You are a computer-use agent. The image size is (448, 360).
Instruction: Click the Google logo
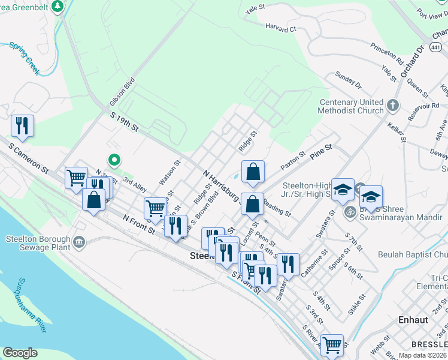pyautogui.click(x=20, y=353)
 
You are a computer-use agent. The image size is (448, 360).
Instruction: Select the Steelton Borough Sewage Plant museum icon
pyautogui.click(x=79, y=242)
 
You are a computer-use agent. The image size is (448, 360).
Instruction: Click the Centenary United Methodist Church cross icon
pyautogui.click(x=393, y=106)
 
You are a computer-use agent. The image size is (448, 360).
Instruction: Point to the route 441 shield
pyautogui.click(x=437, y=47)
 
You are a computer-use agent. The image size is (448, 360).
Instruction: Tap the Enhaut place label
pyautogui.click(x=413, y=320)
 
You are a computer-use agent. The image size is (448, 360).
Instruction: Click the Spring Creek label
pyautogui.click(x=25, y=58)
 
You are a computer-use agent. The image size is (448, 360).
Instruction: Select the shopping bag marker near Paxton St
pyautogui.click(x=253, y=172)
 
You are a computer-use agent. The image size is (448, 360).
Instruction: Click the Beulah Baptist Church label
pyautogui.click(x=412, y=254)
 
